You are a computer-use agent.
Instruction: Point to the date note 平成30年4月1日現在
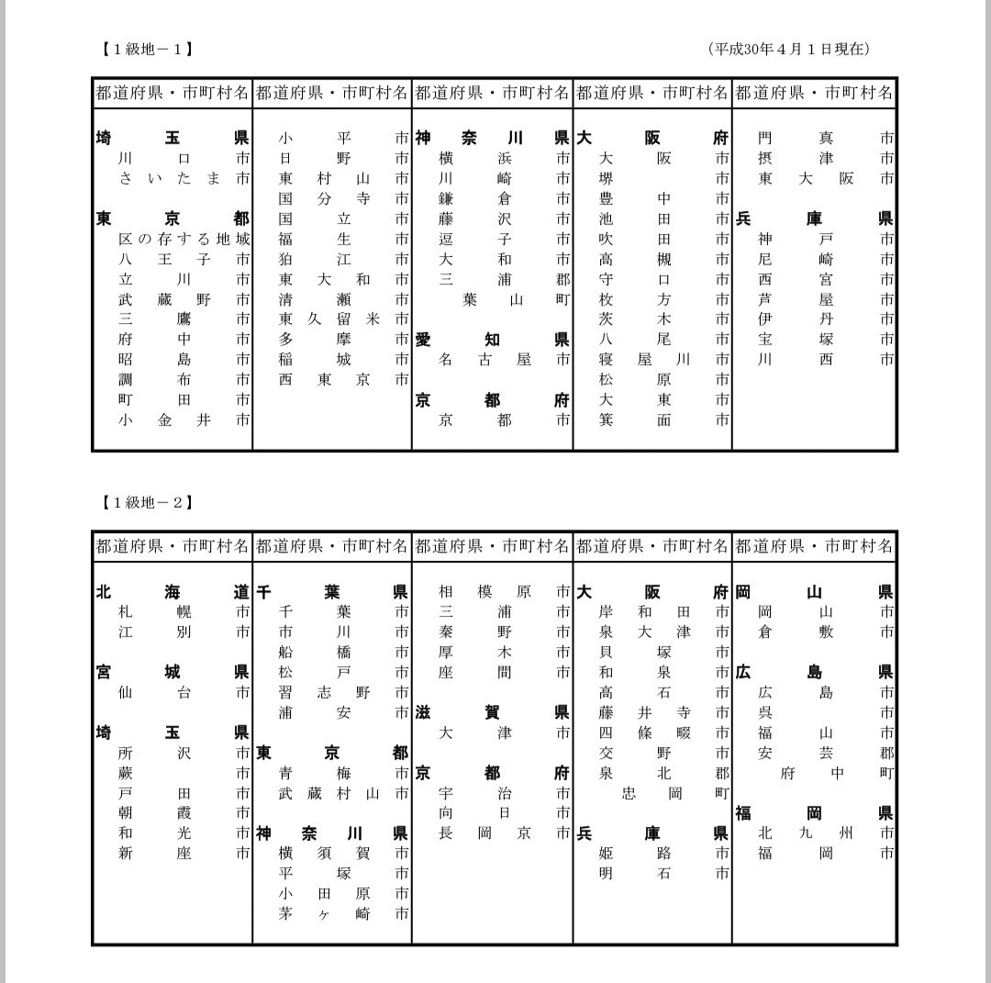(789, 49)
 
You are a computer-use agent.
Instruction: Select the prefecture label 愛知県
(492, 340)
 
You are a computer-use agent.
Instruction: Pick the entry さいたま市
(184, 178)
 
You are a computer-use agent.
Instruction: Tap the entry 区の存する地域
(184, 239)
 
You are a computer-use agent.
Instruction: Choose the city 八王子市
(184, 259)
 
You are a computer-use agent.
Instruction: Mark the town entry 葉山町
(504, 299)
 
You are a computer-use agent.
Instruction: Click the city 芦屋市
(825, 299)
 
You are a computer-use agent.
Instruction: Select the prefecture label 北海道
(173, 592)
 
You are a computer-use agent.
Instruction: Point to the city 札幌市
(184, 612)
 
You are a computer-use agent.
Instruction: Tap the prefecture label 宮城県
(173, 673)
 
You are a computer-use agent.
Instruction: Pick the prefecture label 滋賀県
(492, 712)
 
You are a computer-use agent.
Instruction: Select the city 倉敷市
(825, 632)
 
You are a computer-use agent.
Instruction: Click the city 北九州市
(825, 833)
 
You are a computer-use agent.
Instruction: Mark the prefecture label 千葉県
(332, 592)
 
